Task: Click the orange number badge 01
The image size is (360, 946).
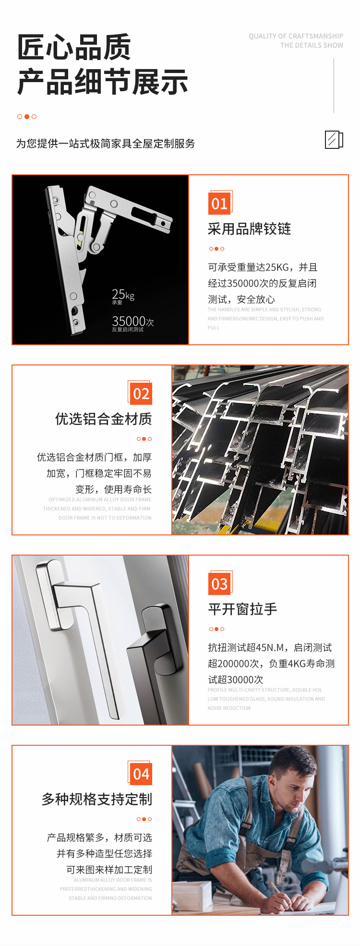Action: pyautogui.click(x=219, y=204)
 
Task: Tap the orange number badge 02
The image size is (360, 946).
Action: pyautogui.click(x=141, y=394)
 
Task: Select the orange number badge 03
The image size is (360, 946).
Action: pyautogui.click(x=219, y=584)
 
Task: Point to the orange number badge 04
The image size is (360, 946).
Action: pyautogui.click(x=141, y=774)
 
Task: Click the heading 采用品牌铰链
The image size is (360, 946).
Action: pyautogui.click(x=249, y=229)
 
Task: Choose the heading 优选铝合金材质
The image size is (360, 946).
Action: pyautogui.click(x=103, y=419)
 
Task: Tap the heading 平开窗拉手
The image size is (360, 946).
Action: pyautogui.click(x=242, y=609)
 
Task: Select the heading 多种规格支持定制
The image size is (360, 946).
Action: pyautogui.click(x=96, y=800)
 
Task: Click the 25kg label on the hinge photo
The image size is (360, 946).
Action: pyautogui.click(x=123, y=295)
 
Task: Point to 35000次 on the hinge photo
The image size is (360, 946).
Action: pyautogui.click(x=132, y=321)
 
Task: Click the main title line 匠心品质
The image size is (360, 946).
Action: pyautogui.click(x=74, y=48)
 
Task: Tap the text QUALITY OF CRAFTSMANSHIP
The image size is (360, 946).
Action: pyautogui.click(x=296, y=36)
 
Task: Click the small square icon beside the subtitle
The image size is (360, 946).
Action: pyautogui.click(x=334, y=140)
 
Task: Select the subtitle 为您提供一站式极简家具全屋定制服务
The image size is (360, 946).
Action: pyautogui.click(x=106, y=144)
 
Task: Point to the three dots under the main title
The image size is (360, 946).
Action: pyautogui.click(x=27, y=117)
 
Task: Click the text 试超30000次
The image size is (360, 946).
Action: pyautogui.click(x=235, y=679)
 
